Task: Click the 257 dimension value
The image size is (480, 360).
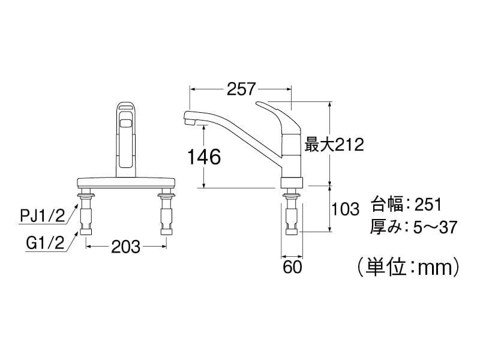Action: pos(241,89)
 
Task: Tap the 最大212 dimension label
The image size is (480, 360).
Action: pos(335,145)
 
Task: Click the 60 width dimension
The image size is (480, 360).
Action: pos(292,267)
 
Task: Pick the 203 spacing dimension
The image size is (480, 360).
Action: pos(126,246)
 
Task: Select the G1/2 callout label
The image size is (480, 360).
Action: pos(45,244)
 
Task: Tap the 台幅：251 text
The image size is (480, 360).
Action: pos(406,205)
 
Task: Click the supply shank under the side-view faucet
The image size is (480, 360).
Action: pos(292,213)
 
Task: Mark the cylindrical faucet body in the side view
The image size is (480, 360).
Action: pos(292,153)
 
